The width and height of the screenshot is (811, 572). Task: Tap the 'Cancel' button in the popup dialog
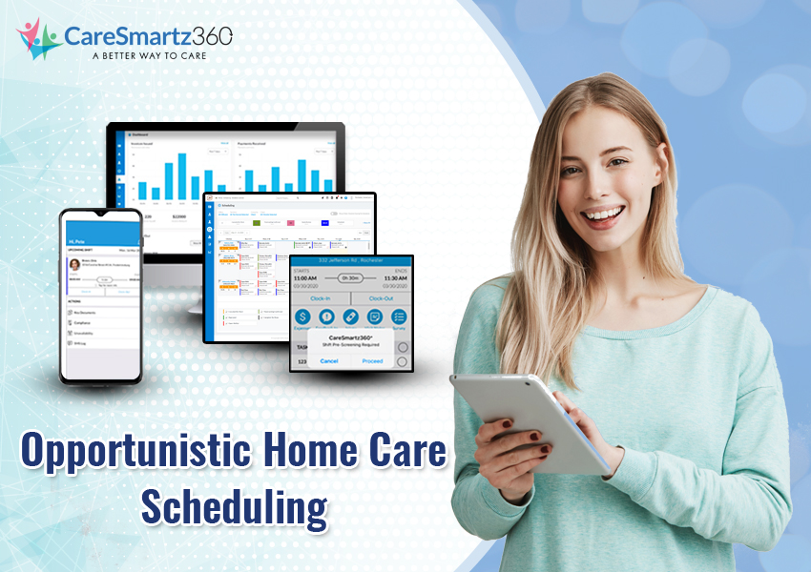tap(329, 361)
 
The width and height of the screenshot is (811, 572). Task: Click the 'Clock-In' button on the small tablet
tap(321, 297)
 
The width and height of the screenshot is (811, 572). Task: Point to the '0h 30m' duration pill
tap(351, 279)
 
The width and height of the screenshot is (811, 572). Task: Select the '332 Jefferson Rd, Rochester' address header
tap(351, 261)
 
